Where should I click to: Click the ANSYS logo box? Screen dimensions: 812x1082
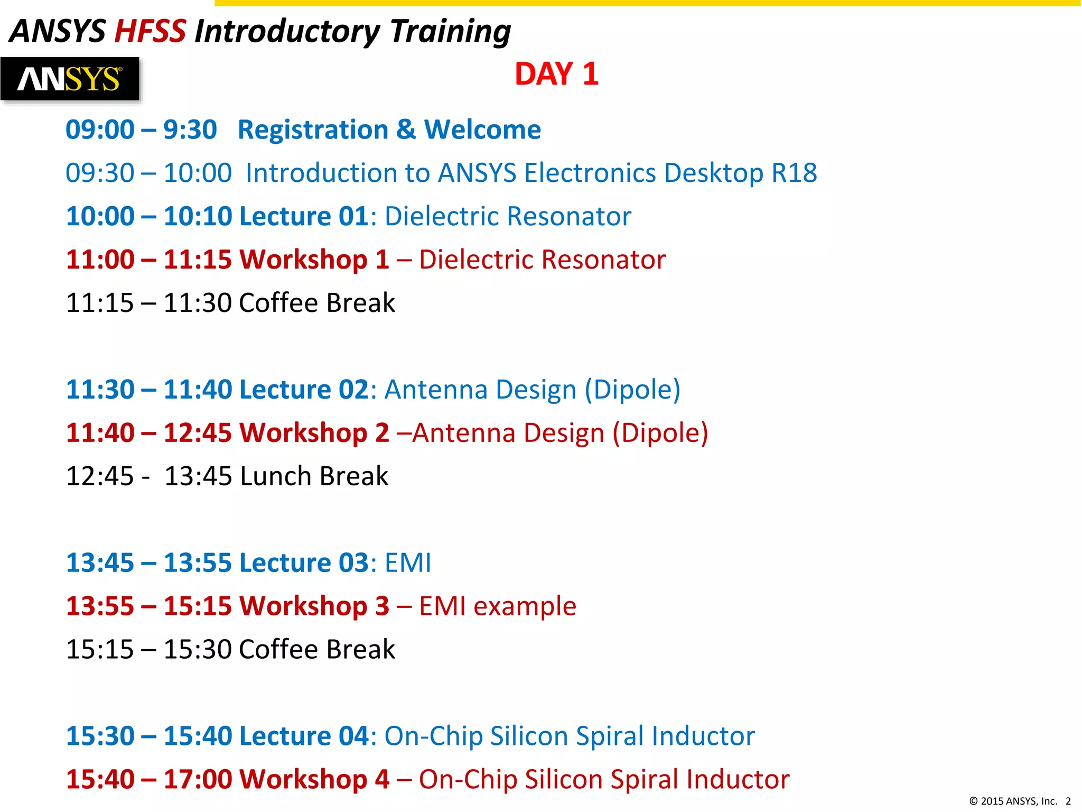point(70,79)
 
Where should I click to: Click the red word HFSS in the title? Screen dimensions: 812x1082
point(150,31)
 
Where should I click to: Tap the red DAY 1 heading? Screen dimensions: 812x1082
point(556,74)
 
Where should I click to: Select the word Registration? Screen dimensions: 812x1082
point(313,130)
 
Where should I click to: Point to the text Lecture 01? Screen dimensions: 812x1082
point(303,217)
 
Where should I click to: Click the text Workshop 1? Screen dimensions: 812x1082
point(314,260)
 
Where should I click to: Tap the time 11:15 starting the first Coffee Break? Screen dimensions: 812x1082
point(100,303)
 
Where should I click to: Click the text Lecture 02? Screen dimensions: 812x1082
point(303,390)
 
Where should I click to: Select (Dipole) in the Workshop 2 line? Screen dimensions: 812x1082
point(660,433)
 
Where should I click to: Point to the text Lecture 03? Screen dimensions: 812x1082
point(303,563)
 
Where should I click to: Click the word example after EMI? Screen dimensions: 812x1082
point(524,606)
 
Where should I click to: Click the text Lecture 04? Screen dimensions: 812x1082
point(303,736)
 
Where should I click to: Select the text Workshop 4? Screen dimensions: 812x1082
point(314,780)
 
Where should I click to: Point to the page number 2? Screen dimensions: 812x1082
point(1068,801)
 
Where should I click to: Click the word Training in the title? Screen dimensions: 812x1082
point(450,31)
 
